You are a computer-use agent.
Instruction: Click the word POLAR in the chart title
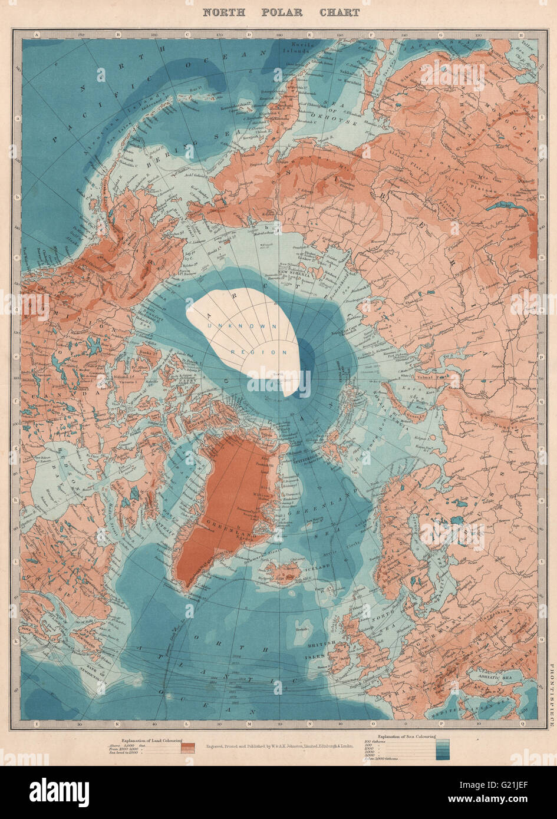tap(281, 12)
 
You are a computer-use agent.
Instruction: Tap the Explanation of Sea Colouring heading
tap(406, 736)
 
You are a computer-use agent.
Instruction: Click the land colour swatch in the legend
tap(189, 748)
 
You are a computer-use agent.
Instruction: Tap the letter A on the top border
tap(37, 35)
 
